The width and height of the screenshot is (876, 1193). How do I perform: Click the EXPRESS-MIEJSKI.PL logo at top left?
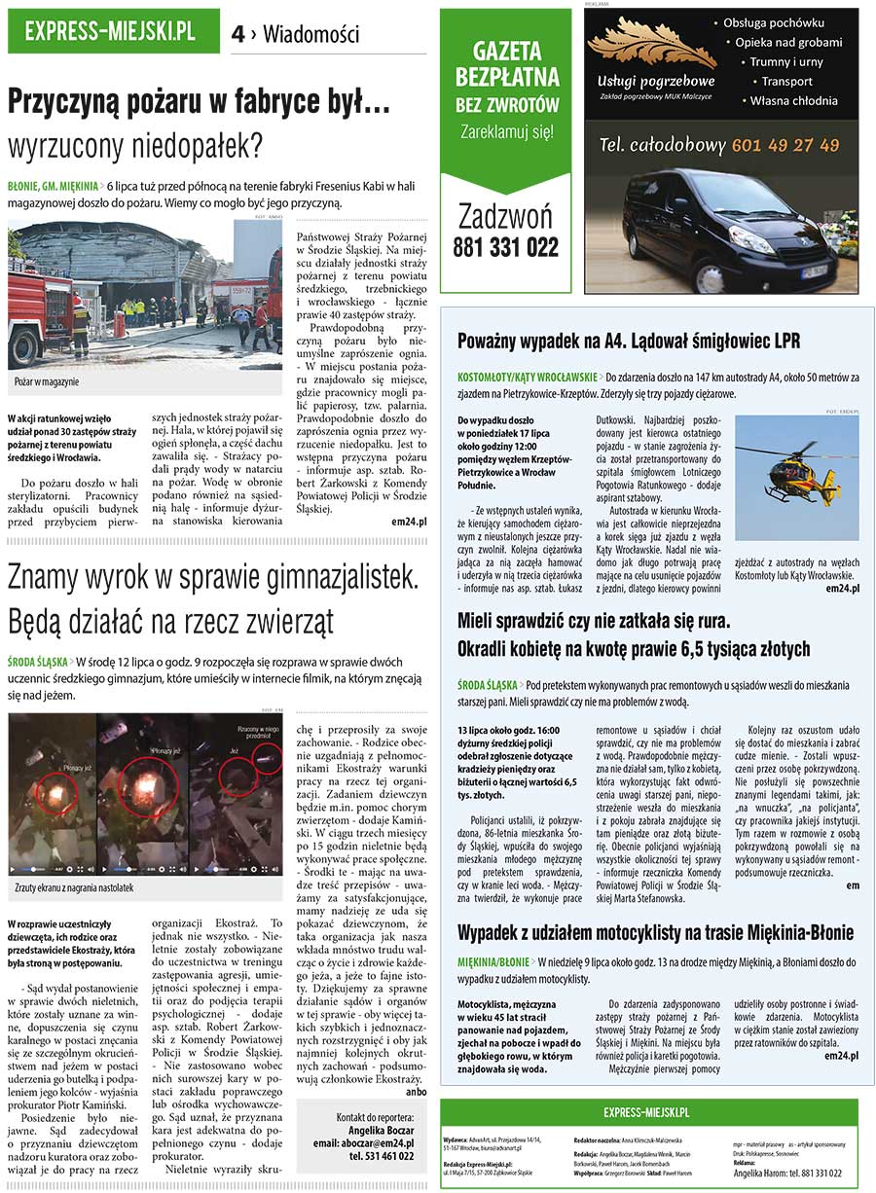click(x=110, y=32)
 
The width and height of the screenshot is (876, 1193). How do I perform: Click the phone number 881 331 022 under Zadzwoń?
click(x=506, y=247)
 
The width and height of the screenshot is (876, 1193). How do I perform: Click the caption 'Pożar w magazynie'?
click(x=47, y=381)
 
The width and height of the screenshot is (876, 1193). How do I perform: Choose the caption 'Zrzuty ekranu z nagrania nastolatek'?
click(x=74, y=887)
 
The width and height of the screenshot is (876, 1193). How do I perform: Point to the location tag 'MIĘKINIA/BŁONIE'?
click(x=493, y=960)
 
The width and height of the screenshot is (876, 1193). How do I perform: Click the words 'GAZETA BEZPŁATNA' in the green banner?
click(x=506, y=64)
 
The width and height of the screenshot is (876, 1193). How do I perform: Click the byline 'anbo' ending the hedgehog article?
click(x=416, y=1091)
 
